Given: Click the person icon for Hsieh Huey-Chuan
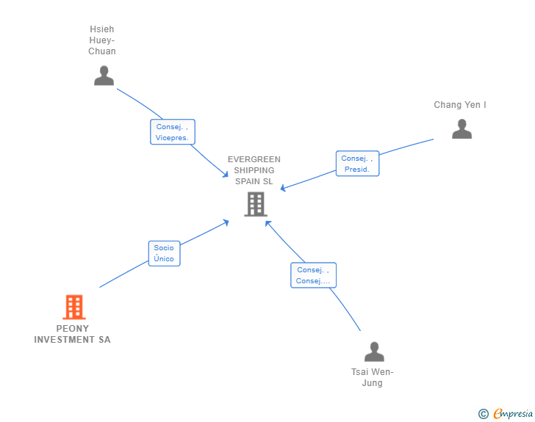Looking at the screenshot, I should pyautogui.click(x=104, y=76).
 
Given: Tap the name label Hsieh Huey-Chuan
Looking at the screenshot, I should pyautogui.click(x=102, y=41).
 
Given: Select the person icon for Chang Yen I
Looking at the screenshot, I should pyautogui.click(x=462, y=129).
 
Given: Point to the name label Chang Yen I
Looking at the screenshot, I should pyautogui.click(x=460, y=105).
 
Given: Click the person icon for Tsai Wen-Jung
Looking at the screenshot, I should pyautogui.click(x=374, y=352).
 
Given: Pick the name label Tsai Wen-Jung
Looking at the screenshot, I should pyautogui.click(x=373, y=377).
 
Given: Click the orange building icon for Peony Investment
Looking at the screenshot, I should pyautogui.click(x=73, y=307).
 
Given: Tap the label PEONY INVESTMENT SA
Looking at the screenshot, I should pyautogui.click(x=73, y=334).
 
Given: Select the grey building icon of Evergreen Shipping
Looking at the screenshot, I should pyautogui.click(x=255, y=204).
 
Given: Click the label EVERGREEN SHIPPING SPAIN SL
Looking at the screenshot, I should pyautogui.click(x=254, y=170).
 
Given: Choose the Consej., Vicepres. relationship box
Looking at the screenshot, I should pyautogui.click(x=173, y=132).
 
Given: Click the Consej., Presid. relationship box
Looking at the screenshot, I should pyautogui.click(x=358, y=164).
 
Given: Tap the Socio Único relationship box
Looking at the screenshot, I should pyautogui.click(x=164, y=253).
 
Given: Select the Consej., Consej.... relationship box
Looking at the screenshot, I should pyautogui.click(x=313, y=275).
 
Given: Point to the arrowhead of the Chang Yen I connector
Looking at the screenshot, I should pyautogui.click(x=282, y=189).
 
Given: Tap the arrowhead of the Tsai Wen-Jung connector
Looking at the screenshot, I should pyautogui.click(x=267, y=222).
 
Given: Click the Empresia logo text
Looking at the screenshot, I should pyautogui.click(x=513, y=414).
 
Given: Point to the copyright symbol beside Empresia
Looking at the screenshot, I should pyautogui.click(x=484, y=414).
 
